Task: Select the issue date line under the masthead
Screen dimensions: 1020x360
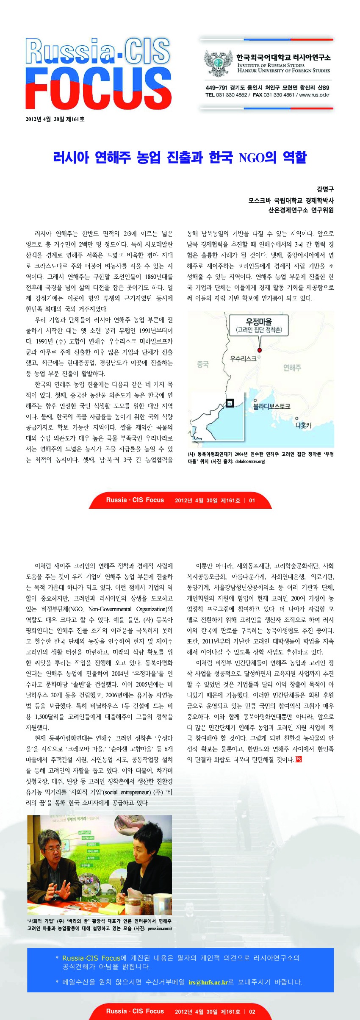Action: (x=55, y=119)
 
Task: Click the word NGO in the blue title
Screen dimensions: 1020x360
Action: (x=251, y=158)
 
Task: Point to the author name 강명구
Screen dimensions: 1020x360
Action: (x=325, y=189)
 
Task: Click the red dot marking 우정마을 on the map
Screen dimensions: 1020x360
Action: (x=260, y=350)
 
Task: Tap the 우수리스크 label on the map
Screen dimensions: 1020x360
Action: (x=243, y=358)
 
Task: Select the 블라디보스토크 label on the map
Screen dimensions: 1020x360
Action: (x=271, y=406)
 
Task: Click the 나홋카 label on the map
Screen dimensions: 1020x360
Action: (x=303, y=425)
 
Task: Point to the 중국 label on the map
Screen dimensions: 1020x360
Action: (x=203, y=364)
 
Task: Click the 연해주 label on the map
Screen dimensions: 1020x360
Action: (x=292, y=367)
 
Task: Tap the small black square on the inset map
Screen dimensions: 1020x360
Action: (x=230, y=403)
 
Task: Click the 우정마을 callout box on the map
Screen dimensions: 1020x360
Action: (x=259, y=325)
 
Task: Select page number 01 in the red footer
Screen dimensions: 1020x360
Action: (x=252, y=500)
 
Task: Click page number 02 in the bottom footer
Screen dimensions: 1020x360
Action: (x=252, y=1012)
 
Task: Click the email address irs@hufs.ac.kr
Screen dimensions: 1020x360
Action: (x=208, y=982)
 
